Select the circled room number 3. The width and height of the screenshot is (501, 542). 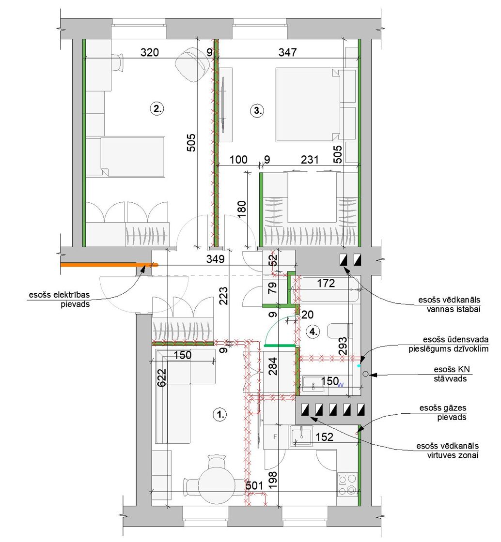(257, 111)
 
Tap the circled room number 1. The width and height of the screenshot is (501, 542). (220, 414)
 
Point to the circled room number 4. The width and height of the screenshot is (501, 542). (313, 332)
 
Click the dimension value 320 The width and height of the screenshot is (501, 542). (149, 52)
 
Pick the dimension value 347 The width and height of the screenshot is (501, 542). (287, 52)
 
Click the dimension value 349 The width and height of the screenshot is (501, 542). (215, 258)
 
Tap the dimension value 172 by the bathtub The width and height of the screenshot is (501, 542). (326, 284)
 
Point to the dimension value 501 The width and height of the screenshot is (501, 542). (254, 485)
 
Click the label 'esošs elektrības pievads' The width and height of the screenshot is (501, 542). (59, 300)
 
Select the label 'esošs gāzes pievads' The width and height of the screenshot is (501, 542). (443, 412)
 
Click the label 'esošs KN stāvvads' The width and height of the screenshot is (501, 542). (450, 374)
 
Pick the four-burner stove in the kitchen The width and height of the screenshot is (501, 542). (347, 484)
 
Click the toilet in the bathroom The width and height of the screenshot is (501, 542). (340, 331)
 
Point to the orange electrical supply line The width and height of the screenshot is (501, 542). (110, 265)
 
